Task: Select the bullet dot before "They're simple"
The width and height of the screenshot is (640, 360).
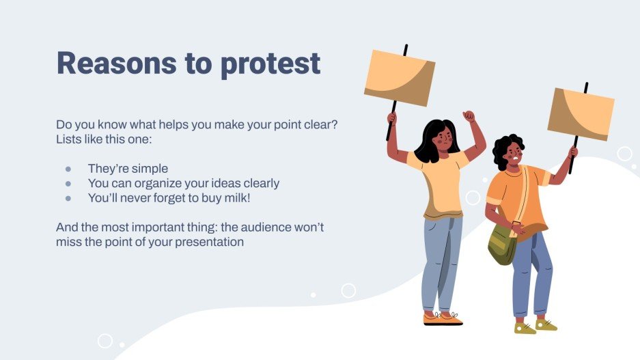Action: point(68,169)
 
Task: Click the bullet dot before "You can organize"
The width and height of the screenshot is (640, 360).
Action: point(68,184)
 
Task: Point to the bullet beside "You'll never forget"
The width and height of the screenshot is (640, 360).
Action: point(68,198)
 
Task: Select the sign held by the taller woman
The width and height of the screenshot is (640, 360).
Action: point(399,77)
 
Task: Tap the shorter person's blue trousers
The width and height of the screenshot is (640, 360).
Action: point(532,273)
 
